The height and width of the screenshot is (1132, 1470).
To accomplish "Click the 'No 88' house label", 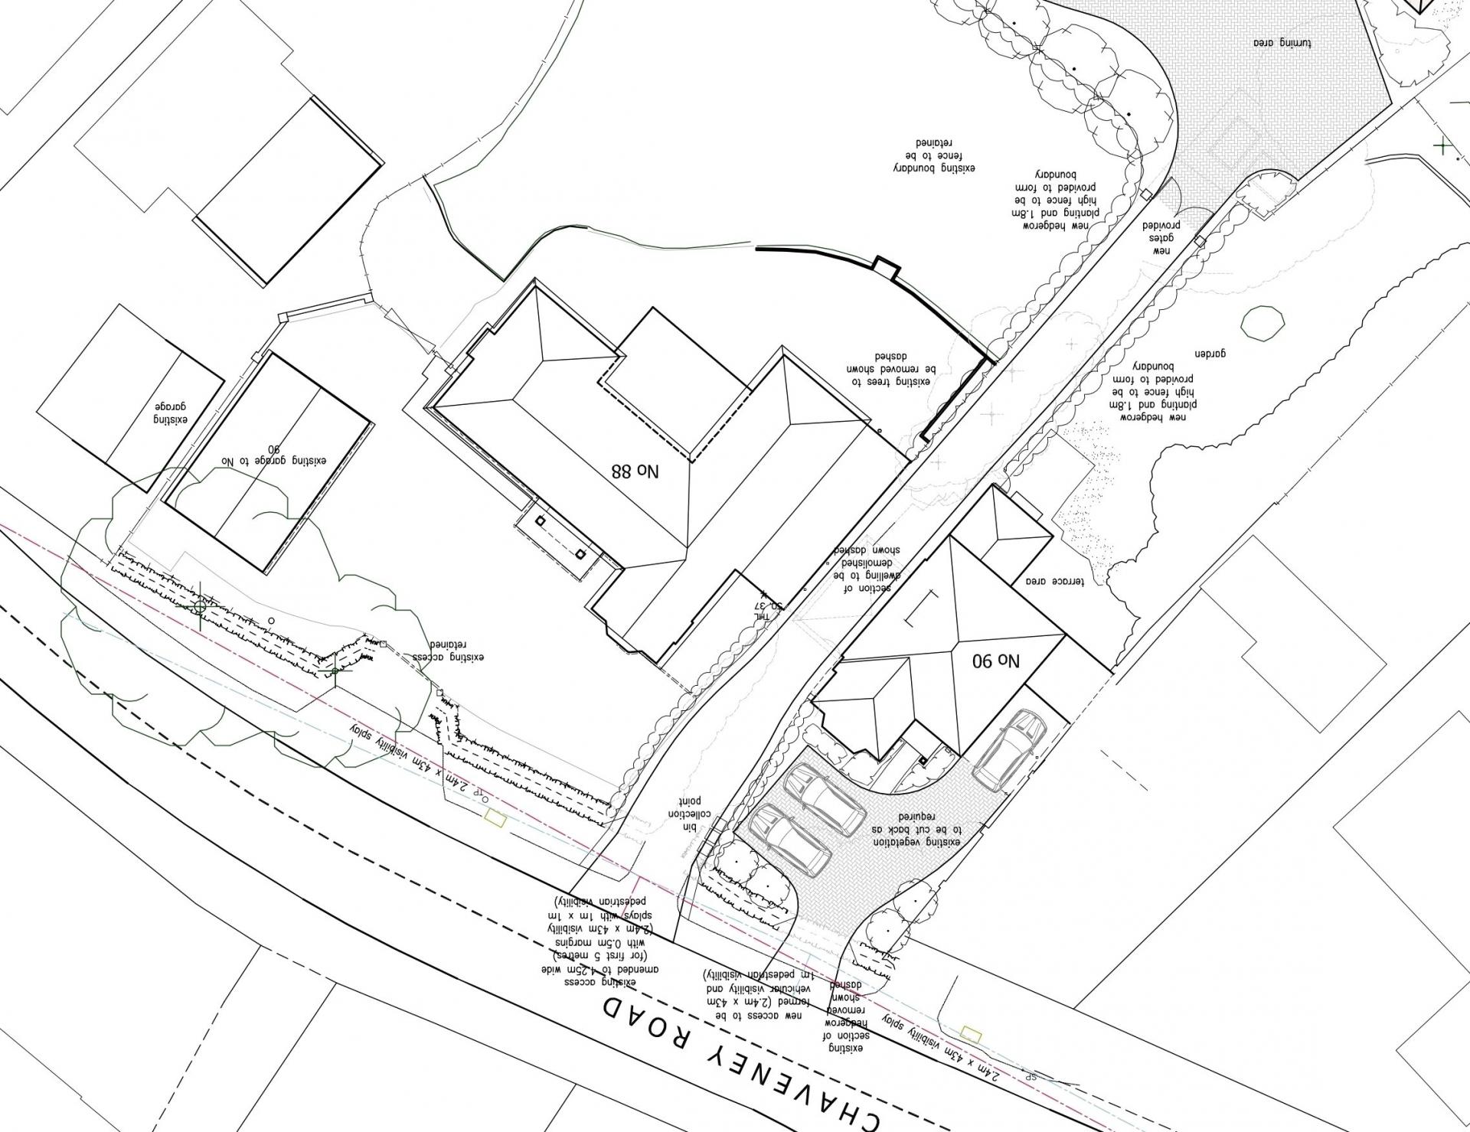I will pyautogui.click(x=635, y=468).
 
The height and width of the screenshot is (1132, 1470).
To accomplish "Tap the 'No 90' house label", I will pyautogui.click(x=996, y=659).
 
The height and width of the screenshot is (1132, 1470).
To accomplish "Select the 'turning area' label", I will pyautogui.click(x=1282, y=43).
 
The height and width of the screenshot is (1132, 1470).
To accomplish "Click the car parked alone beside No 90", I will pyautogui.click(x=1009, y=750).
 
